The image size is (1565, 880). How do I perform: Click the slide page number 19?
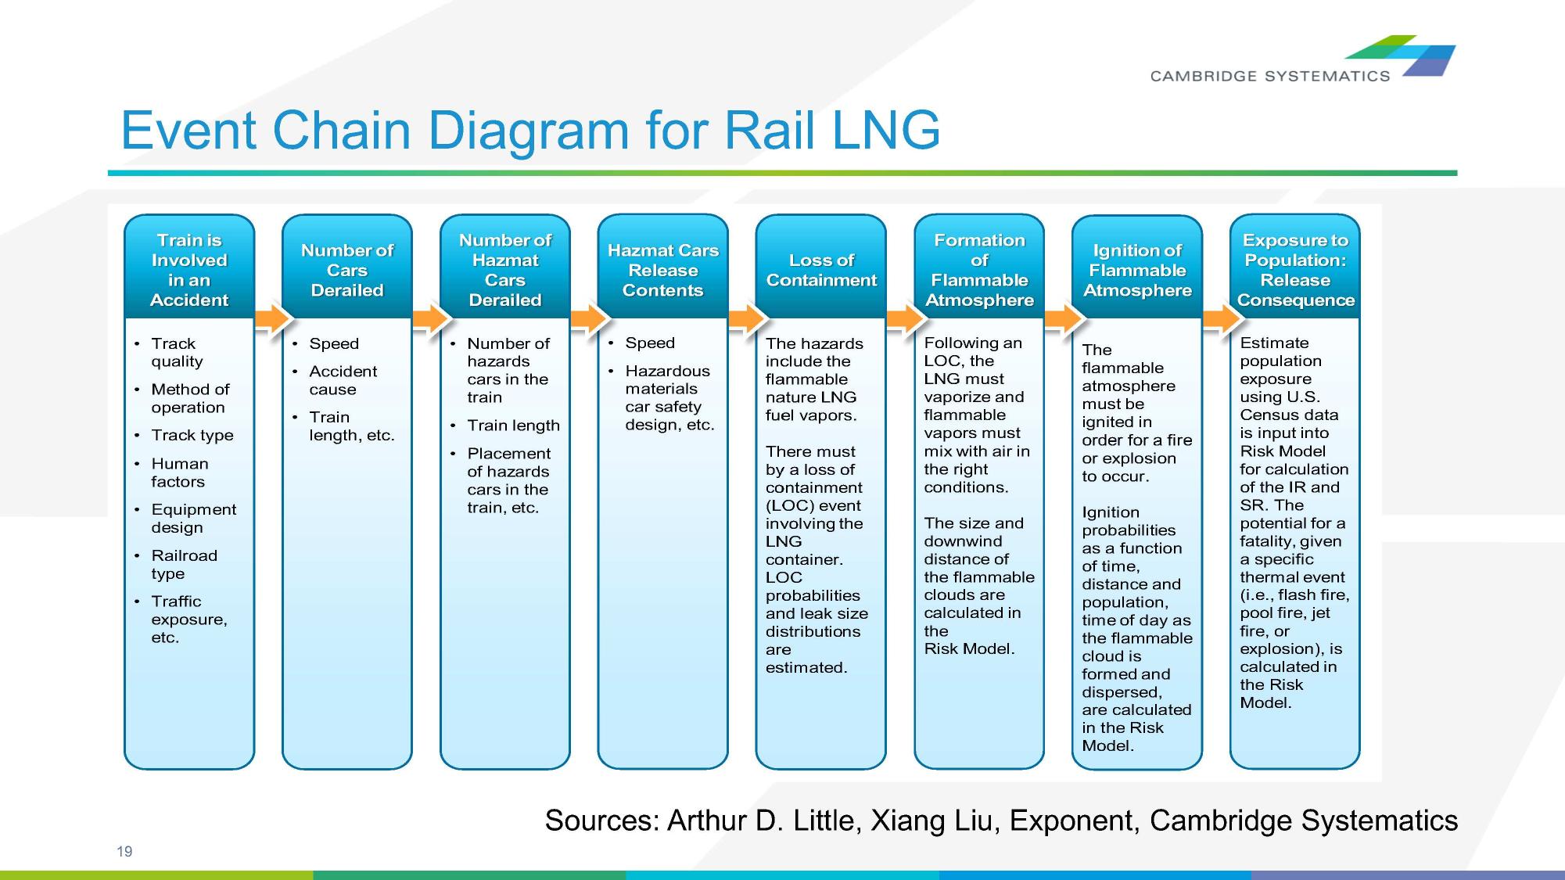(x=124, y=852)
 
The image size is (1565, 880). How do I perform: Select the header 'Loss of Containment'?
(x=821, y=270)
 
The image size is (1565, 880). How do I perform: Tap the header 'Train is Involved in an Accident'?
(x=189, y=270)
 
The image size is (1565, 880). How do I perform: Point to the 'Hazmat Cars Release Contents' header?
(x=662, y=270)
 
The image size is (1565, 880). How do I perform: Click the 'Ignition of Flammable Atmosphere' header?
(x=1137, y=270)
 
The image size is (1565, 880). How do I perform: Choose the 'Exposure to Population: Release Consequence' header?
(x=1295, y=270)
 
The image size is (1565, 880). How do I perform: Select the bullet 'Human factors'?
(x=179, y=472)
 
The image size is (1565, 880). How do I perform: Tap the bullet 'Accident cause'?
(x=343, y=380)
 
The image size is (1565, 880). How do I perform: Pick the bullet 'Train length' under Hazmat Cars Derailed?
(x=513, y=426)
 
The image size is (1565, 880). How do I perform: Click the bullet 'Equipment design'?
(x=193, y=518)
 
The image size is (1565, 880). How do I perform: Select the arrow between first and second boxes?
(x=271, y=318)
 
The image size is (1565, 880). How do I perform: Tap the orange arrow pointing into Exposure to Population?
(x=1220, y=318)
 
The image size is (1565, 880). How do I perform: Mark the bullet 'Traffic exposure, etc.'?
(x=188, y=619)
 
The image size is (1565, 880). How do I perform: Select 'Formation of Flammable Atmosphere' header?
(x=979, y=270)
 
